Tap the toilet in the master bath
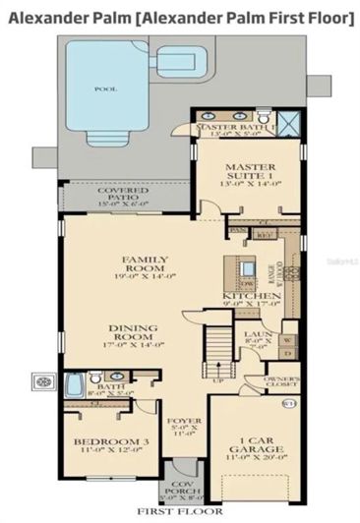(182, 128)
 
